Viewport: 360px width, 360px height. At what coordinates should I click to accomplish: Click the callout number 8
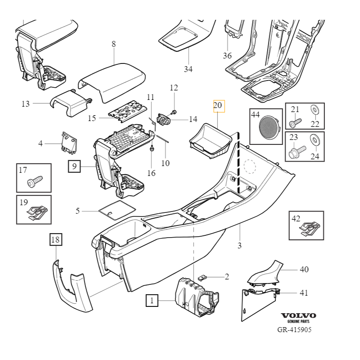pyautogui.click(x=113, y=44)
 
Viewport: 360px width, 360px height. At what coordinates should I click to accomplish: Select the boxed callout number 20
pyautogui.click(x=218, y=106)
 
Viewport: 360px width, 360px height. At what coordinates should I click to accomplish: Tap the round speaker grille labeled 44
pyautogui.click(x=269, y=126)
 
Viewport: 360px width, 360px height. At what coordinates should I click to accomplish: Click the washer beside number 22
pyautogui.click(x=314, y=109)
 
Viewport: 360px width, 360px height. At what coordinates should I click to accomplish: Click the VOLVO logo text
pyautogui.click(x=298, y=315)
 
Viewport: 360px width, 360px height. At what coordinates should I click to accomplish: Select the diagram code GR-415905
pyautogui.click(x=294, y=329)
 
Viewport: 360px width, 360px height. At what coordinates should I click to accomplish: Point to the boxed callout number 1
pyautogui.click(x=152, y=300)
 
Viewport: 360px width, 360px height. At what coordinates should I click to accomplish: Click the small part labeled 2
pyautogui.click(x=204, y=277)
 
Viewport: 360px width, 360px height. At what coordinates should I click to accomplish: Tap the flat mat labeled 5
pyautogui.click(x=116, y=209)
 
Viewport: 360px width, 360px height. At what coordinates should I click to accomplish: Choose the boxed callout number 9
pyautogui.click(x=75, y=166)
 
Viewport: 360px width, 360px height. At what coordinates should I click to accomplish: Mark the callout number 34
pyautogui.click(x=188, y=69)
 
